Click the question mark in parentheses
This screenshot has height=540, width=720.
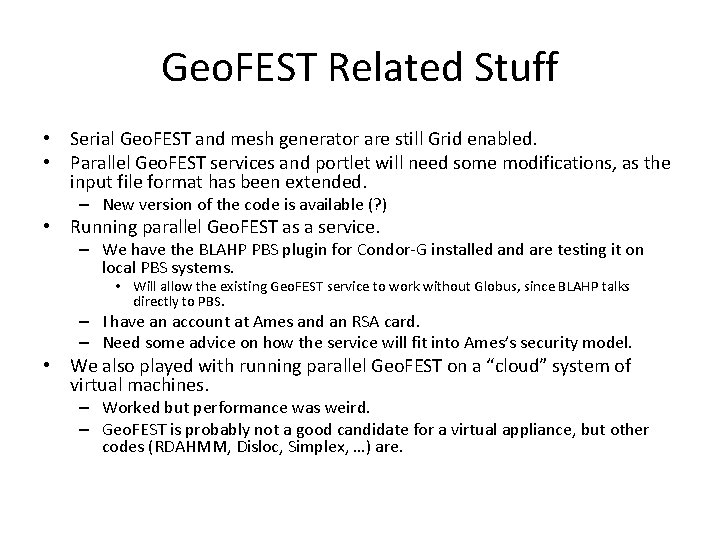click(x=378, y=204)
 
